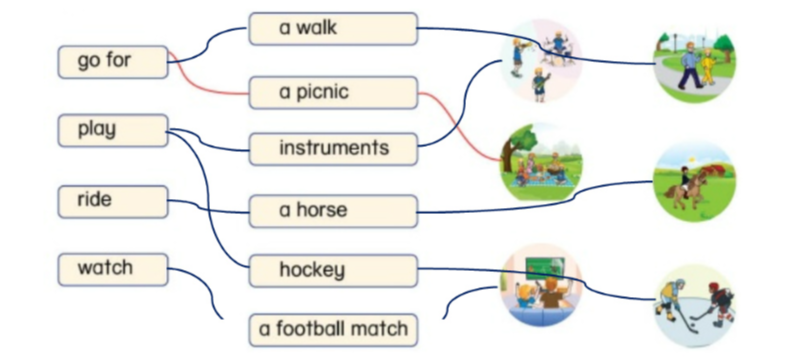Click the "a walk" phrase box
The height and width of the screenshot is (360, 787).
point(332,29)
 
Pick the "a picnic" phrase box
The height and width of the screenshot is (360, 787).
point(332,94)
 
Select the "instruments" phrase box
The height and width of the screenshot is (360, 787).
point(332,149)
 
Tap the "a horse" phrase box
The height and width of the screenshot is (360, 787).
point(332,211)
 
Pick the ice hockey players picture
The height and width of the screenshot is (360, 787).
point(694,305)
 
